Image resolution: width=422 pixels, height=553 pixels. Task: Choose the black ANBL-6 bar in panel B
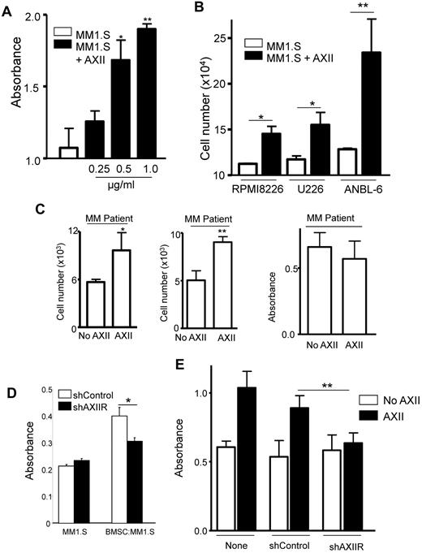tap(377, 113)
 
